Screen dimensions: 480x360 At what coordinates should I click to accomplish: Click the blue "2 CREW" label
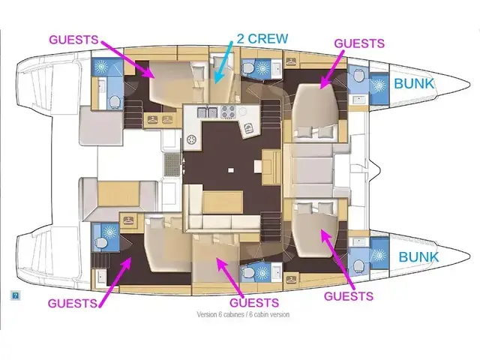[x=262, y=38]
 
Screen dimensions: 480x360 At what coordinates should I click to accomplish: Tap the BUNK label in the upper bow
[x=414, y=83]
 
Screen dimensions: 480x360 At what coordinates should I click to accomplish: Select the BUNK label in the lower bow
[x=418, y=256]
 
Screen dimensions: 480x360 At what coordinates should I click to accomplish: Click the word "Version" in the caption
[x=207, y=314]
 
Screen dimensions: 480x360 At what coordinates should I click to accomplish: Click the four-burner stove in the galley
[x=228, y=112]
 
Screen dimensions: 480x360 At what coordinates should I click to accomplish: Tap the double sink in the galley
[x=208, y=112]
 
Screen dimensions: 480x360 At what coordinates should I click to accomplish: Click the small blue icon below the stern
[x=15, y=295]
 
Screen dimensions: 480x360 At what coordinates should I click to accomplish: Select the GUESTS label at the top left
[x=73, y=40]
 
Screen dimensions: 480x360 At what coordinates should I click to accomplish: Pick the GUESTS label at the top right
[x=359, y=43]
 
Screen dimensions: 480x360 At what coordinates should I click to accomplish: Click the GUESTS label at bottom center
[x=254, y=303]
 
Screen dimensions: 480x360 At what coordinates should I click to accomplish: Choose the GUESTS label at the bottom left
[x=73, y=303]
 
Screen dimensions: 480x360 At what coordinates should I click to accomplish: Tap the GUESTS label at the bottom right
[x=349, y=296]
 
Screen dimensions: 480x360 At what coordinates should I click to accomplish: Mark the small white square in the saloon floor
[x=231, y=169]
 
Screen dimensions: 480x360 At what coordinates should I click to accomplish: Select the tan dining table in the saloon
[x=223, y=202]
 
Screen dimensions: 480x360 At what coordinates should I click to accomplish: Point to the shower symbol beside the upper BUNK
[x=379, y=84]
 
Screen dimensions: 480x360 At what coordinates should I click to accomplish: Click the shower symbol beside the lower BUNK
[x=379, y=255]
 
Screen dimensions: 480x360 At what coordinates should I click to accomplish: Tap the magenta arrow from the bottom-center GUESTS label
[x=229, y=278]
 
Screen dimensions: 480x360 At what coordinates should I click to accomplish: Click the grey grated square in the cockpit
[x=172, y=165]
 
